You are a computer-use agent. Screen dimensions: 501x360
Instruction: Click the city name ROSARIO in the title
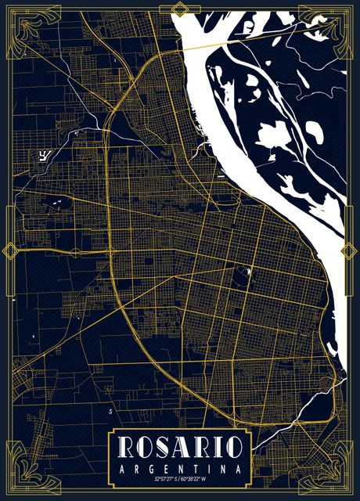click(179, 447)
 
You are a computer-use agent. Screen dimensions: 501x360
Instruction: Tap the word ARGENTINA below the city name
click(179, 467)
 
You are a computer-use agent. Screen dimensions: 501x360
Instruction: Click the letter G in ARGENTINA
click(151, 467)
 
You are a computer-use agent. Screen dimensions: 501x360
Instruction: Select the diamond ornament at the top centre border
click(179, 9)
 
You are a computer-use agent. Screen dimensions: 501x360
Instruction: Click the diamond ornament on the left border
click(10, 251)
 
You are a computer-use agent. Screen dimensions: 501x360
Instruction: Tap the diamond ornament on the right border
click(349, 251)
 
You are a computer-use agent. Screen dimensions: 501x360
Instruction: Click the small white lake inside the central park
click(247, 272)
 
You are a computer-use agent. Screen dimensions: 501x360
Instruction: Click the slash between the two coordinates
click(180, 478)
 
